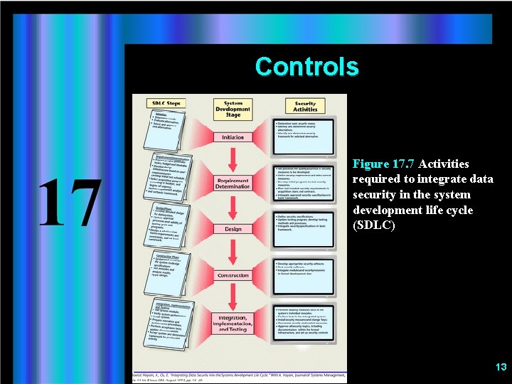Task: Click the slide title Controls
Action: pyautogui.click(x=306, y=67)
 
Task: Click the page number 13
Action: pyautogui.click(x=501, y=367)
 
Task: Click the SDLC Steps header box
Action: pyautogui.click(x=166, y=103)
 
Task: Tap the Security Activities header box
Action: pyautogui.click(x=305, y=106)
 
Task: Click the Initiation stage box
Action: pyautogui.click(x=233, y=137)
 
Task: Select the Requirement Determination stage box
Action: pyautogui.click(x=233, y=183)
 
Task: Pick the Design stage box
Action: pyautogui.click(x=233, y=229)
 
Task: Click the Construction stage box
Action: pyautogui.click(x=233, y=275)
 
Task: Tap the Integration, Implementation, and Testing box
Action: pyautogui.click(x=233, y=324)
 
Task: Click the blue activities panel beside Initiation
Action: pyautogui.click(x=304, y=136)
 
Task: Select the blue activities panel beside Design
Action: pyautogui.click(x=304, y=228)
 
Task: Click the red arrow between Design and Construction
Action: pyautogui.click(x=233, y=252)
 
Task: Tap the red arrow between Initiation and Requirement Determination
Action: pyautogui.click(x=233, y=159)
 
